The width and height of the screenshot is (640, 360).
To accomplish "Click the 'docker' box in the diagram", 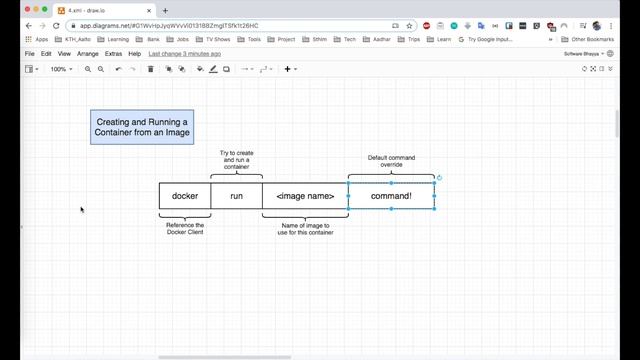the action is [x=185, y=196].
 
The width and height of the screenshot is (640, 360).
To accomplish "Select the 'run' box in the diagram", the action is [x=237, y=196].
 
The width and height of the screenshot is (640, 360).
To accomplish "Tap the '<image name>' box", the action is [x=305, y=196].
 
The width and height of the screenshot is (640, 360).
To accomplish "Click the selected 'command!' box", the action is [x=391, y=196].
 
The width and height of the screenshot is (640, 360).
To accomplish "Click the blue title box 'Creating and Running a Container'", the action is [x=142, y=127].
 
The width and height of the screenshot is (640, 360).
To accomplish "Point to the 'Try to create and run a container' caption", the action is [x=237, y=160].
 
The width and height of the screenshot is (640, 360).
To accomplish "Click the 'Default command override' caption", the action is [x=391, y=161].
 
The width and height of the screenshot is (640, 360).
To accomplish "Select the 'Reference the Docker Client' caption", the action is [x=185, y=229].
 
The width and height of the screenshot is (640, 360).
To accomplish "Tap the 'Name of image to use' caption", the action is [x=305, y=229].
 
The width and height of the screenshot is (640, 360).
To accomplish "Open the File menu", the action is [x=29, y=53].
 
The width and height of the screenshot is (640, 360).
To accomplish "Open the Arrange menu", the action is [x=88, y=53].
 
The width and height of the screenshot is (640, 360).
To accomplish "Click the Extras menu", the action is [x=113, y=53].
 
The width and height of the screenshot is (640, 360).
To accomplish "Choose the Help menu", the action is [x=134, y=53].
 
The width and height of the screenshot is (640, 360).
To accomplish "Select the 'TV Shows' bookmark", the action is [x=218, y=39].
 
